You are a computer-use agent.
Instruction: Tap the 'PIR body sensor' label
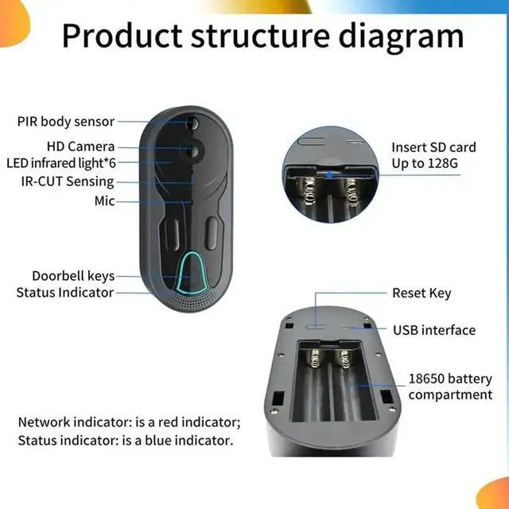click(x=66, y=122)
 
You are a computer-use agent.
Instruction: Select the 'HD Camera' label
click(x=80, y=146)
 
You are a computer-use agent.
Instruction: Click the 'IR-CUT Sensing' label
click(x=68, y=181)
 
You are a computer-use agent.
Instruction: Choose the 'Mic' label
click(x=104, y=201)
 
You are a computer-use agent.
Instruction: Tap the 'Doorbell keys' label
click(x=73, y=276)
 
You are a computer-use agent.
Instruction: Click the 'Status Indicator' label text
click(x=64, y=293)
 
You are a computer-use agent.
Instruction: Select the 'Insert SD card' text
click(x=433, y=147)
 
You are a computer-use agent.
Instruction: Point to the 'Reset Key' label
click(x=422, y=293)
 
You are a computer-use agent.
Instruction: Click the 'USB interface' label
click(x=434, y=330)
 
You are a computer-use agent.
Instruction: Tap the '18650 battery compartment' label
click(x=450, y=387)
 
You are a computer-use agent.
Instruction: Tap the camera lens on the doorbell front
click(x=193, y=150)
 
